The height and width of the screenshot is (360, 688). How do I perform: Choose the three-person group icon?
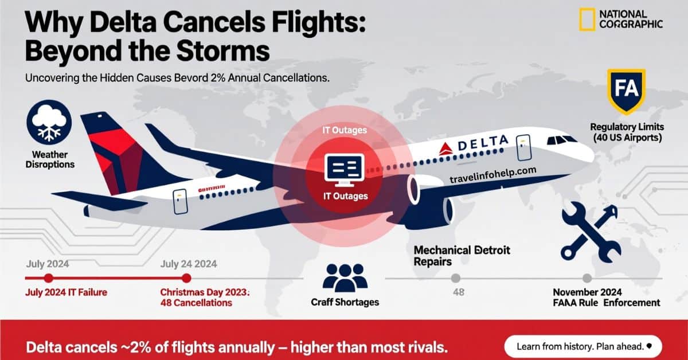click(345, 276)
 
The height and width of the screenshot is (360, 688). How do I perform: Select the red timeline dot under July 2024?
click(49, 278)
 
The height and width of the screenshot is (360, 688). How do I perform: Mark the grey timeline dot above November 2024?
click(587, 278)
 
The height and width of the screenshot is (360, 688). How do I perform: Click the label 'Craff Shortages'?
click(345, 302)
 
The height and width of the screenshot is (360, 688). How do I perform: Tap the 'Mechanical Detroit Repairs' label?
click(462, 256)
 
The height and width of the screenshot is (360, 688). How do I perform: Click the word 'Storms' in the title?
click(226, 50)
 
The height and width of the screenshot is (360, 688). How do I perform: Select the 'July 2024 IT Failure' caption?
click(67, 292)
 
